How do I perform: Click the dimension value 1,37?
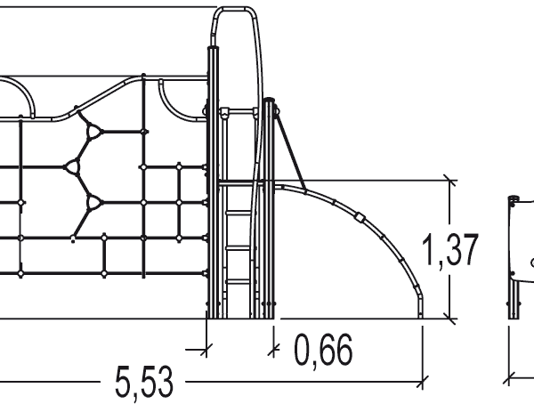pyautogui.click(x=451, y=251)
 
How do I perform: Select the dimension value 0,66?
pyautogui.click(x=322, y=351)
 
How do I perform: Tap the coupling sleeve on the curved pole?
pyautogui.click(x=359, y=216)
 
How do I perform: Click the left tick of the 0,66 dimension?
pyautogui.click(x=206, y=347)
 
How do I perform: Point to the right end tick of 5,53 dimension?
pyautogui.click(x=422, y=383)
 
